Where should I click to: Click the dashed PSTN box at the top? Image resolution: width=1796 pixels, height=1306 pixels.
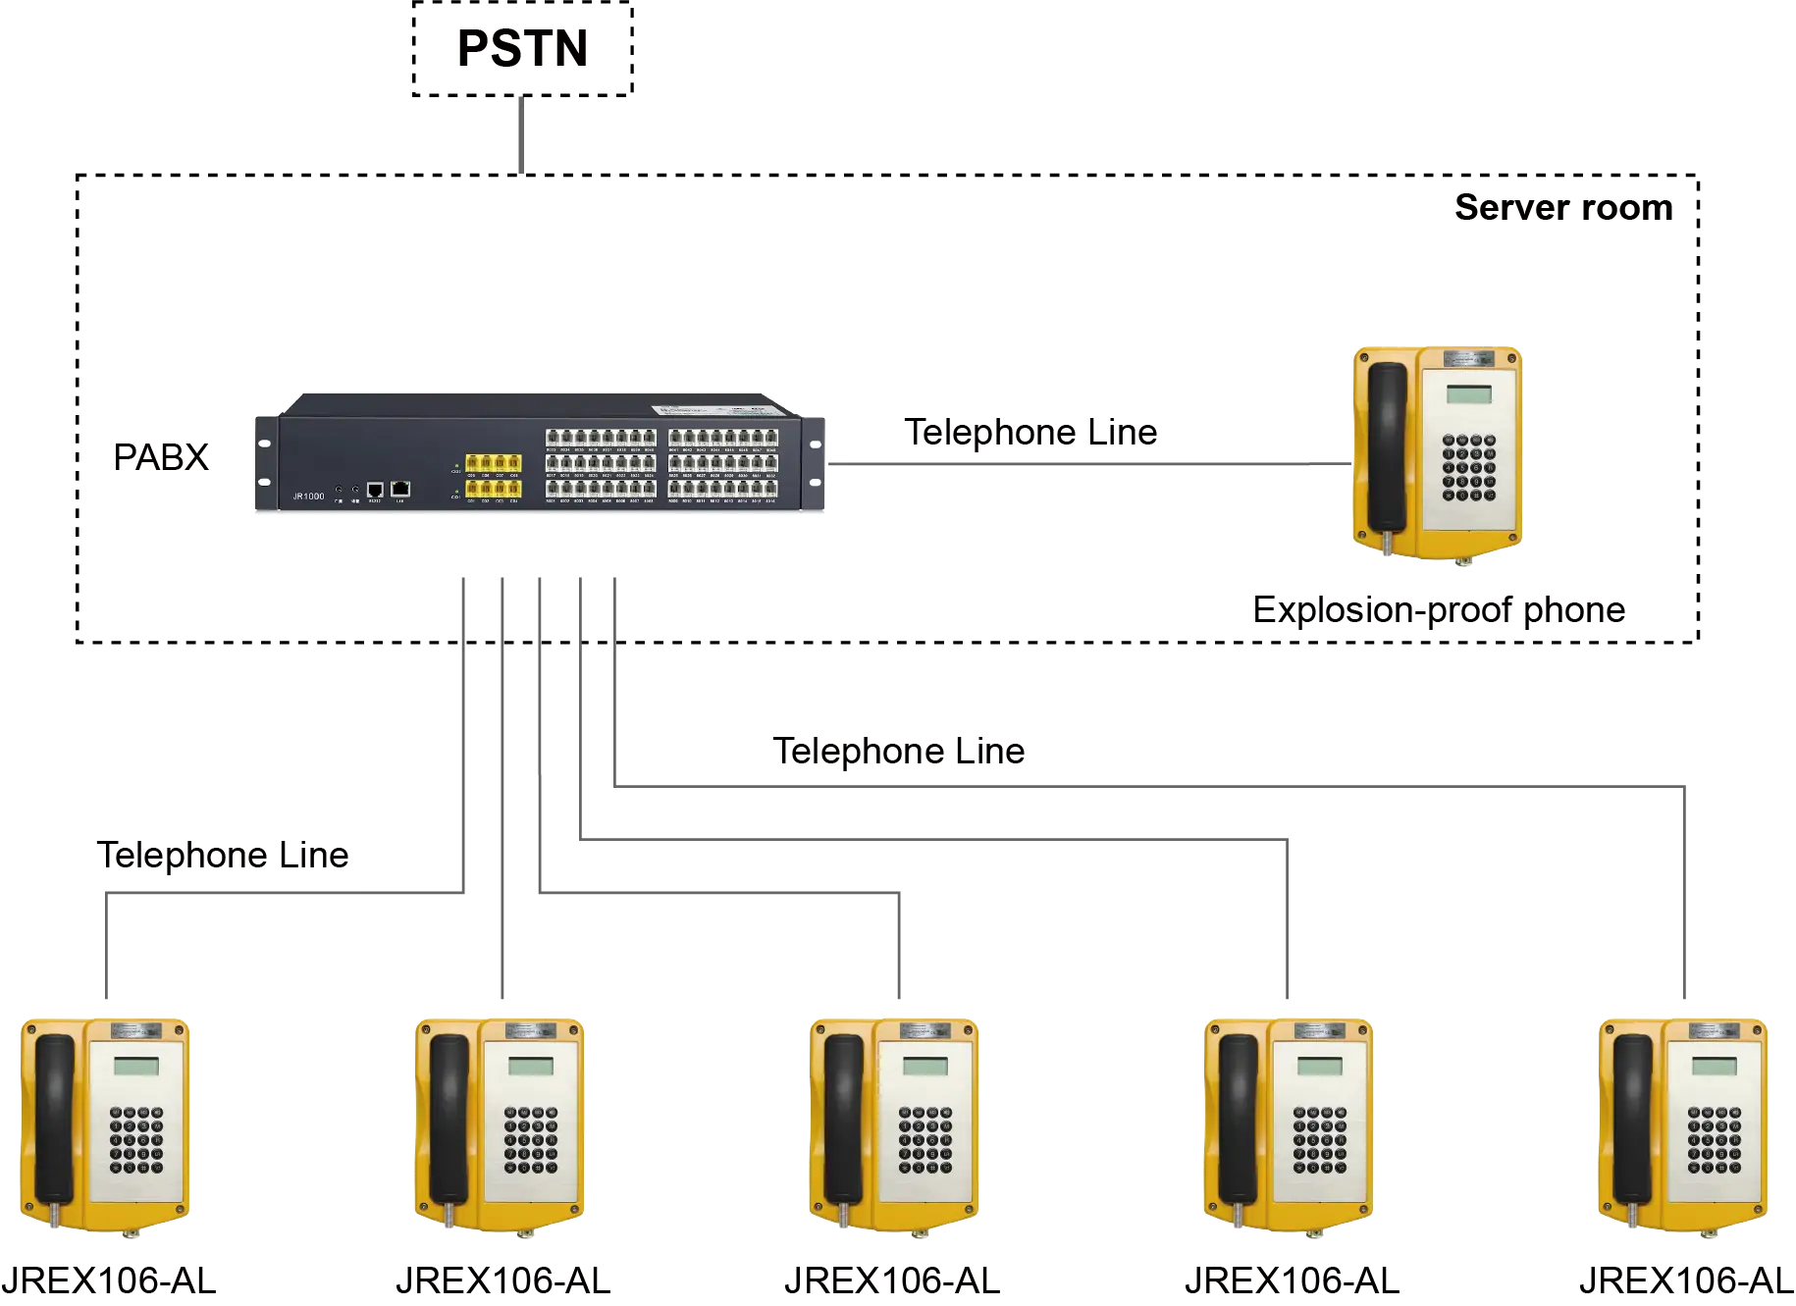[521, 48]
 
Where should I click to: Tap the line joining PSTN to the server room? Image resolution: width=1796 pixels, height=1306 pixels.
[521, 137]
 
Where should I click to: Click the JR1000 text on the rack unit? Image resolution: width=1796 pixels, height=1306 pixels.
[308, 496]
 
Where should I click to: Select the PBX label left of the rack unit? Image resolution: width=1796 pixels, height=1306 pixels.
[160, 456]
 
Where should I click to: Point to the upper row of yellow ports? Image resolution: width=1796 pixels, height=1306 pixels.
[493, 463]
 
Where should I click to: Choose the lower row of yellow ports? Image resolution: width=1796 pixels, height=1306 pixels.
[493, 488]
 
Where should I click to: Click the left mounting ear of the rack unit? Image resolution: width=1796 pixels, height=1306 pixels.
[264, 463]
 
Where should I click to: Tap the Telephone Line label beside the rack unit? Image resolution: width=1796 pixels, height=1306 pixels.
[1032, 433]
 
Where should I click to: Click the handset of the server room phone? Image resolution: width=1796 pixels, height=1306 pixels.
[1387, 446]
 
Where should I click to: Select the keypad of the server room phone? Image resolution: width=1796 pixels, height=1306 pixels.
[1468, 468]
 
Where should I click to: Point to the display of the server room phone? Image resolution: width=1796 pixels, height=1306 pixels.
[1468, 394]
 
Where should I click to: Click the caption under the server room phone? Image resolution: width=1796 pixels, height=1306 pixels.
[1435, 609]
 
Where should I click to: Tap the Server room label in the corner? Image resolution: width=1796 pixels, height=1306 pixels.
[1560, 206]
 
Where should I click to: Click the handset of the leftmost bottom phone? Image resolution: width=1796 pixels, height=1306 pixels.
[55, 1119]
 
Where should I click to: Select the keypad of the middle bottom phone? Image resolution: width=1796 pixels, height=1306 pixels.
[924, 1140]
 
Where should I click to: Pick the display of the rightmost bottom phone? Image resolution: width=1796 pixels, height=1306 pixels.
[1714, 1067]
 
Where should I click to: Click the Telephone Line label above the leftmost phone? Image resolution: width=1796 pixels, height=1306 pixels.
[224, 857]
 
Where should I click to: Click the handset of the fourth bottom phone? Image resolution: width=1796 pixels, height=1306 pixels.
[1238, 1119]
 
